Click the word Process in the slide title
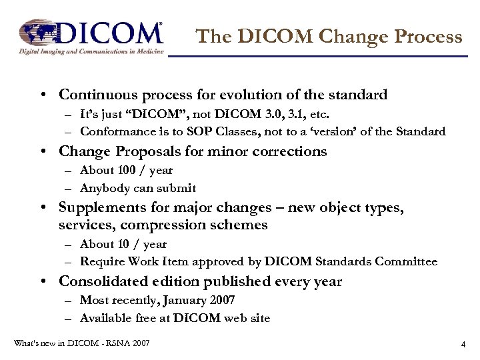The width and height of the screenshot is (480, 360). pos(429,36)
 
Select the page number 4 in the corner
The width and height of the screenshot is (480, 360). pos(462,345)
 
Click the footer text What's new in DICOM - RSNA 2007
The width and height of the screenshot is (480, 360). pos(81,343)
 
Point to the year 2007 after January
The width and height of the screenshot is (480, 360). pos(222,300)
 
